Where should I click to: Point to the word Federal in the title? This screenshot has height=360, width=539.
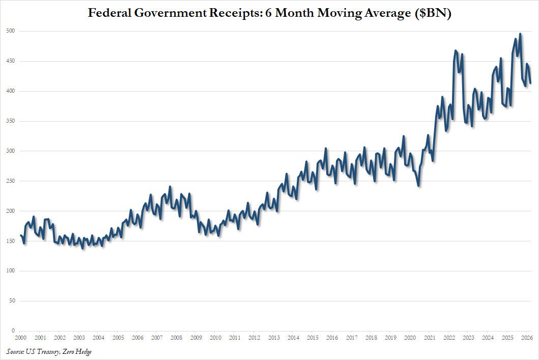(x=109, y=13)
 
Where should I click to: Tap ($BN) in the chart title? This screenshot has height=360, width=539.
(x=433, y=13)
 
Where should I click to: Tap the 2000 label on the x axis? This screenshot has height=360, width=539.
(x=20, y=338)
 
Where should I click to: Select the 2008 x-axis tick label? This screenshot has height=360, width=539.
(x=177, y=338)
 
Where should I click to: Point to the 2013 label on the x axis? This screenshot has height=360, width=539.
(x=274, y=338)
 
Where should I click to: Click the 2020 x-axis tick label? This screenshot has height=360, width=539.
(x=410, y=338)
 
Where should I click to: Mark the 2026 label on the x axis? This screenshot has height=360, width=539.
(x=527, y=338)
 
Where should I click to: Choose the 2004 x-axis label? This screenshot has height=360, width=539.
(x=99, y=338)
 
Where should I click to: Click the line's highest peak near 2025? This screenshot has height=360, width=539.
(x=520, y=34)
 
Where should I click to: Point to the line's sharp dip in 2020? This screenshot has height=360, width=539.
(x=418, y=186)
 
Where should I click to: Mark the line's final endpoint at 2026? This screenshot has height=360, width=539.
(x=530, y=82)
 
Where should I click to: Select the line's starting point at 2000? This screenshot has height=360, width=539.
(x=20, y=235)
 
